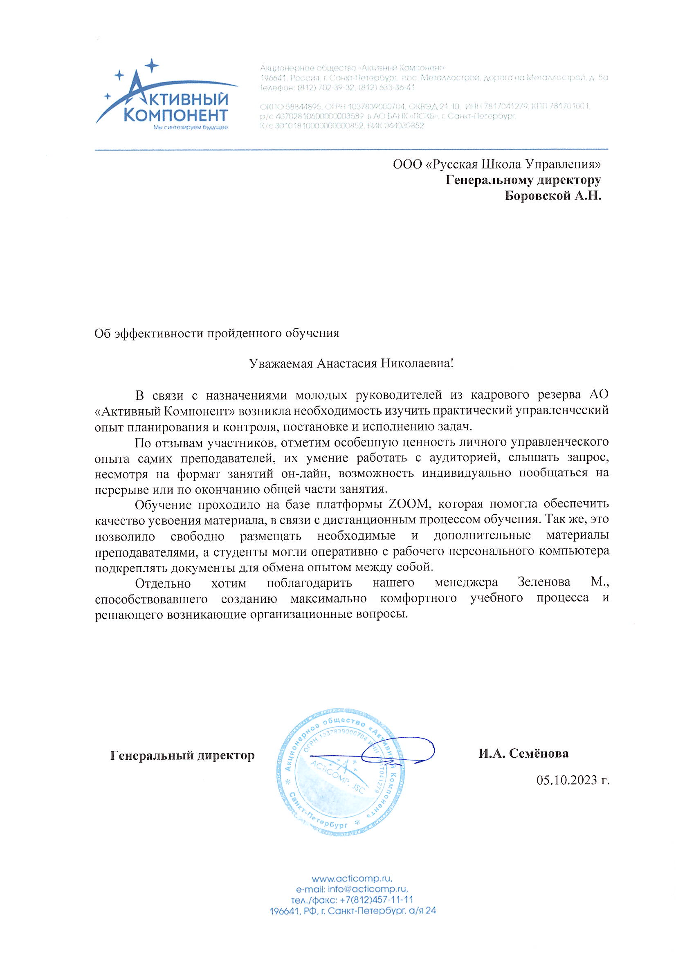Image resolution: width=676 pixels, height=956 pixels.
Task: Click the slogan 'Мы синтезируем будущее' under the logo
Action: pos(190,127)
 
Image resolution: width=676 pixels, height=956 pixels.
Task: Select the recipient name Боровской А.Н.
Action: pos(553,195)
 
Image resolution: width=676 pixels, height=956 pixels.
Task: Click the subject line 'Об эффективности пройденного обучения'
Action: pos(217,333)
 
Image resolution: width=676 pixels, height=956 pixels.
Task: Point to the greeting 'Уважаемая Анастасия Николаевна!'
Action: pos(351,364)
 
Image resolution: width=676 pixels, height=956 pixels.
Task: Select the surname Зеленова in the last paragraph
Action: pos(544,582)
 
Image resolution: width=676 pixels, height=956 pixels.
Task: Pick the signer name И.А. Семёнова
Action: pos(523,753)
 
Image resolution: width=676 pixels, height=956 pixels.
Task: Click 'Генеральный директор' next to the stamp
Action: pos(182,755)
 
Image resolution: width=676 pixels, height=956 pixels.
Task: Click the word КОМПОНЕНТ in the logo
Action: pos(176,114)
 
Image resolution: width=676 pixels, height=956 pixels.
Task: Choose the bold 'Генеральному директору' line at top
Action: pos(523,180)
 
